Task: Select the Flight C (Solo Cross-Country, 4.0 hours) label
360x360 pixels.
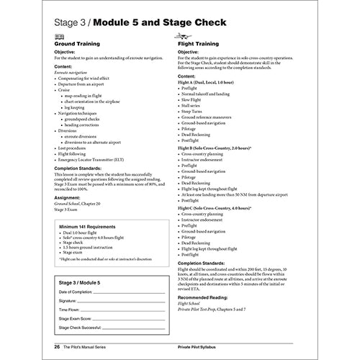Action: [x=220, y=208]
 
